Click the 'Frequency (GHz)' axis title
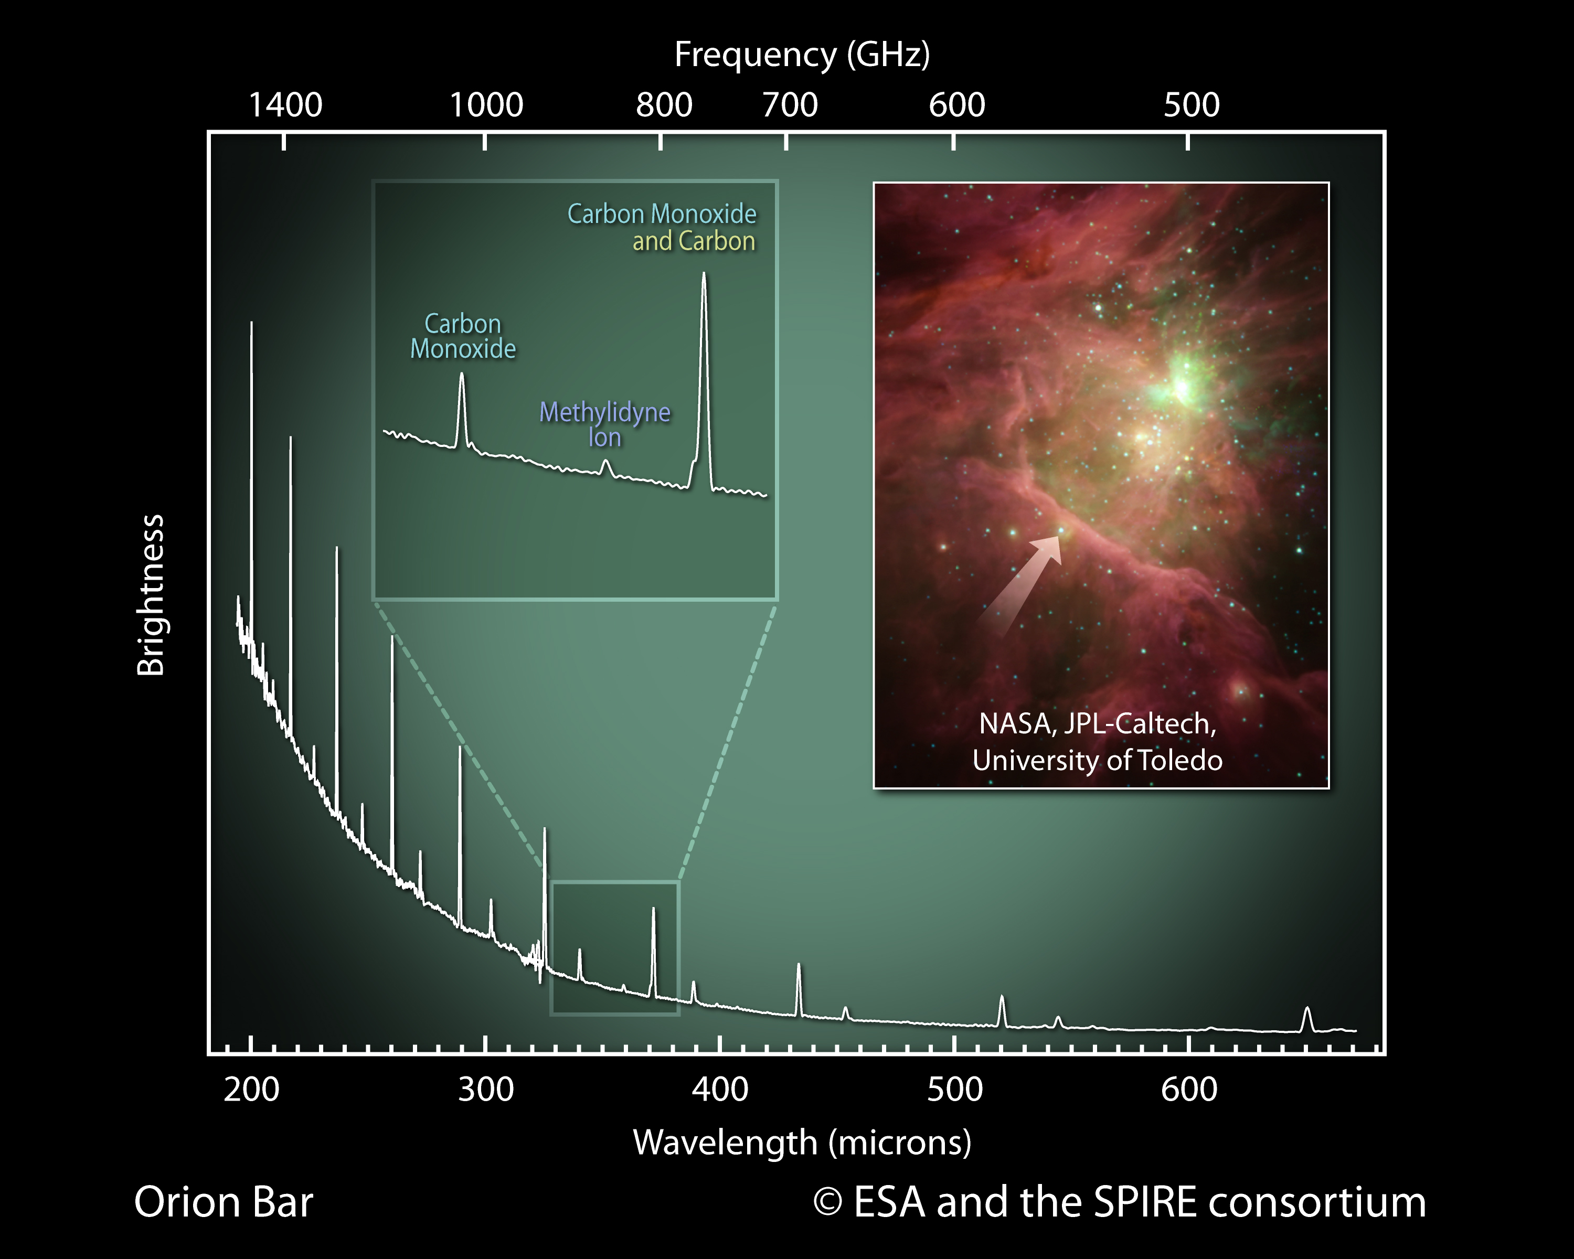pos(802,55)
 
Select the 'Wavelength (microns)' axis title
pos(802,1142)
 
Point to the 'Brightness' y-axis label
pos(151,595)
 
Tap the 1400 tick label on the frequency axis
pos(285,105)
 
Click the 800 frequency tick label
pos(664,105)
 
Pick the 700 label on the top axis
pos(790,105)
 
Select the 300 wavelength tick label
pos(485,1090)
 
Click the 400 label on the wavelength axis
pos(720,1090)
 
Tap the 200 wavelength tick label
pos(251,1090)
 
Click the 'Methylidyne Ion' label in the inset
pos(604,424)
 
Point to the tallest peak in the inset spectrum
pos(704,278)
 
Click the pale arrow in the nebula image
pos(1022,584)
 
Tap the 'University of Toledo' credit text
pos(1097,761)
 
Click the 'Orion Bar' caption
pos(224,1202)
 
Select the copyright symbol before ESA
pos(827,1202)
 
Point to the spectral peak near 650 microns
pos(1307,1011)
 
